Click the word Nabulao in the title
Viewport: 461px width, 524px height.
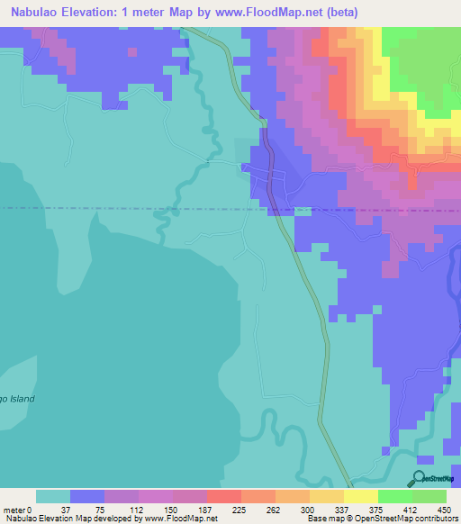pyautogui.click(x=34, y=13)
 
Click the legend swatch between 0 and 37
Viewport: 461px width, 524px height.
pyautogui.click(x=52, y=496)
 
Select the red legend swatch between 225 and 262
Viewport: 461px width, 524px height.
pyautogui.click(x=223, y=496)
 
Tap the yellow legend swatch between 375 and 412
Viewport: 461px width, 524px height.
pyautogui.click(x=360, y=496)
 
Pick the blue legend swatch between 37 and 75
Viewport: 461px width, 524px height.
pyautogui.click(x=86, y=496)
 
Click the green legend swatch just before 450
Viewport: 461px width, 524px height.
pyautogui.click(x=429, y=496)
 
